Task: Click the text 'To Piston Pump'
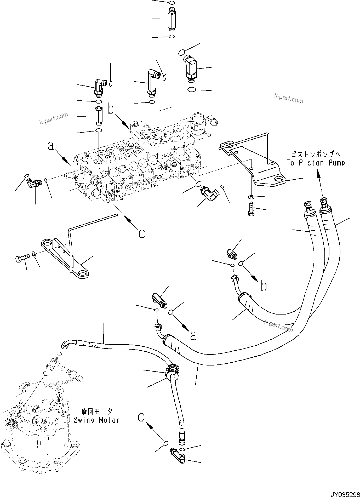coord(316,163)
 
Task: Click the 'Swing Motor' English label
coord(96,420)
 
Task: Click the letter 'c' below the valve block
coord(141,233)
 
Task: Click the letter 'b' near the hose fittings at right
coord(264,287)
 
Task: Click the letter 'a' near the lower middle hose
coord(193,336)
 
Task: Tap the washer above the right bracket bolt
coord(251,197)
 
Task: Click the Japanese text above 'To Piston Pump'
coord(316,154)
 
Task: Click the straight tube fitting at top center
coord(171,19)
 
